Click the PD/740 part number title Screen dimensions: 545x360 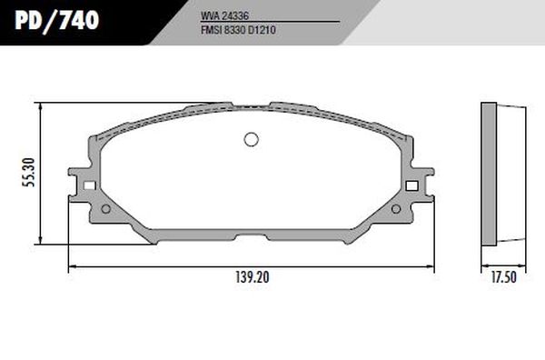click(x=57, y=20)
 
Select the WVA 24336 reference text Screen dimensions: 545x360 click(x=225, y=15)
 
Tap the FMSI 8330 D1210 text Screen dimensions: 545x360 click(x=238, y=30)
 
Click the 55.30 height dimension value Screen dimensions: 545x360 click(x=29, y=173)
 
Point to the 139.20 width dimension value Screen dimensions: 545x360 click(x=253, y=277)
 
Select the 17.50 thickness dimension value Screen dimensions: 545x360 click(x=503, y=277)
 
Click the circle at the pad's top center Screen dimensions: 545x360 click(x=252, y=139)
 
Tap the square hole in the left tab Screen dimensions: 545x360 click(x=90, y=185)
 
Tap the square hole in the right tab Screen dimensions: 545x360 click(x=411, y=185)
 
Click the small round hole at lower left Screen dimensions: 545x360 click(x=106, y=209)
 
